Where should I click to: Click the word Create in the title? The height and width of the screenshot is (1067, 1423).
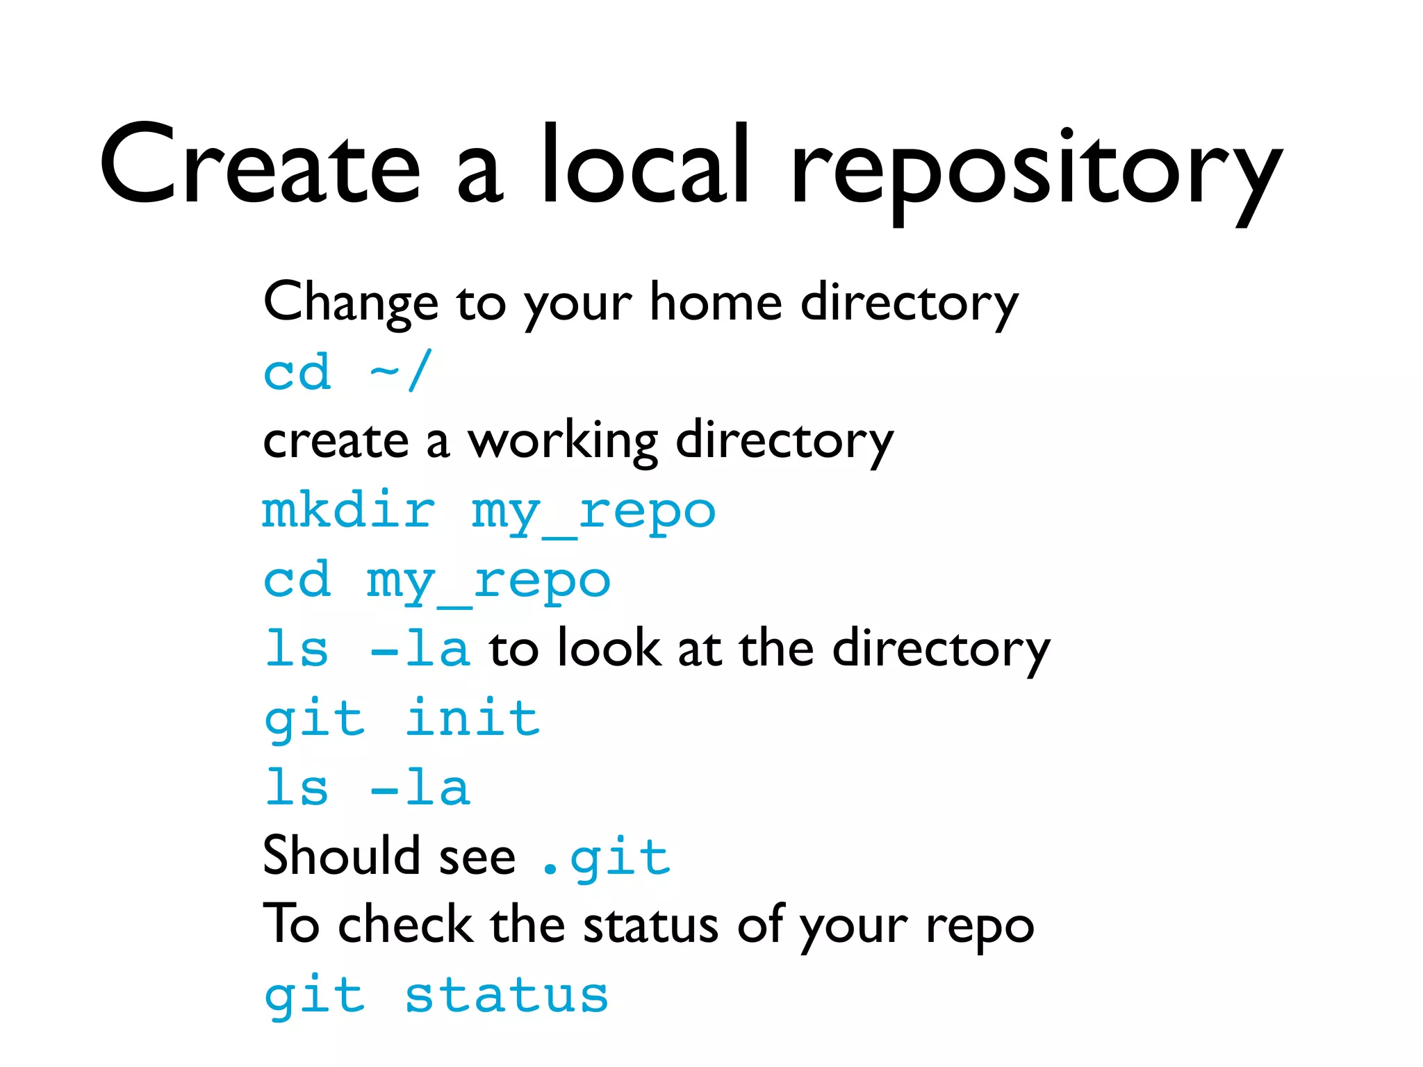coord(260,165)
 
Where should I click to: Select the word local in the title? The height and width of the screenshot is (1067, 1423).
coord(645,165)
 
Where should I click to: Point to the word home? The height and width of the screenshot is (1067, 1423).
coord(716,303)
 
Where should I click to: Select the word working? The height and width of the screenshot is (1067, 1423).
coord(562,442)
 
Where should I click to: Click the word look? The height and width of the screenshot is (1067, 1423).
coord(610,648)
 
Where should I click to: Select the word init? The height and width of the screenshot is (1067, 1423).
coord(472,718)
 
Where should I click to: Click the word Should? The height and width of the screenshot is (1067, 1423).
coord(341,856)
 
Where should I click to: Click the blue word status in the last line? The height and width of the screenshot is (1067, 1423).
coord(507,995)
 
